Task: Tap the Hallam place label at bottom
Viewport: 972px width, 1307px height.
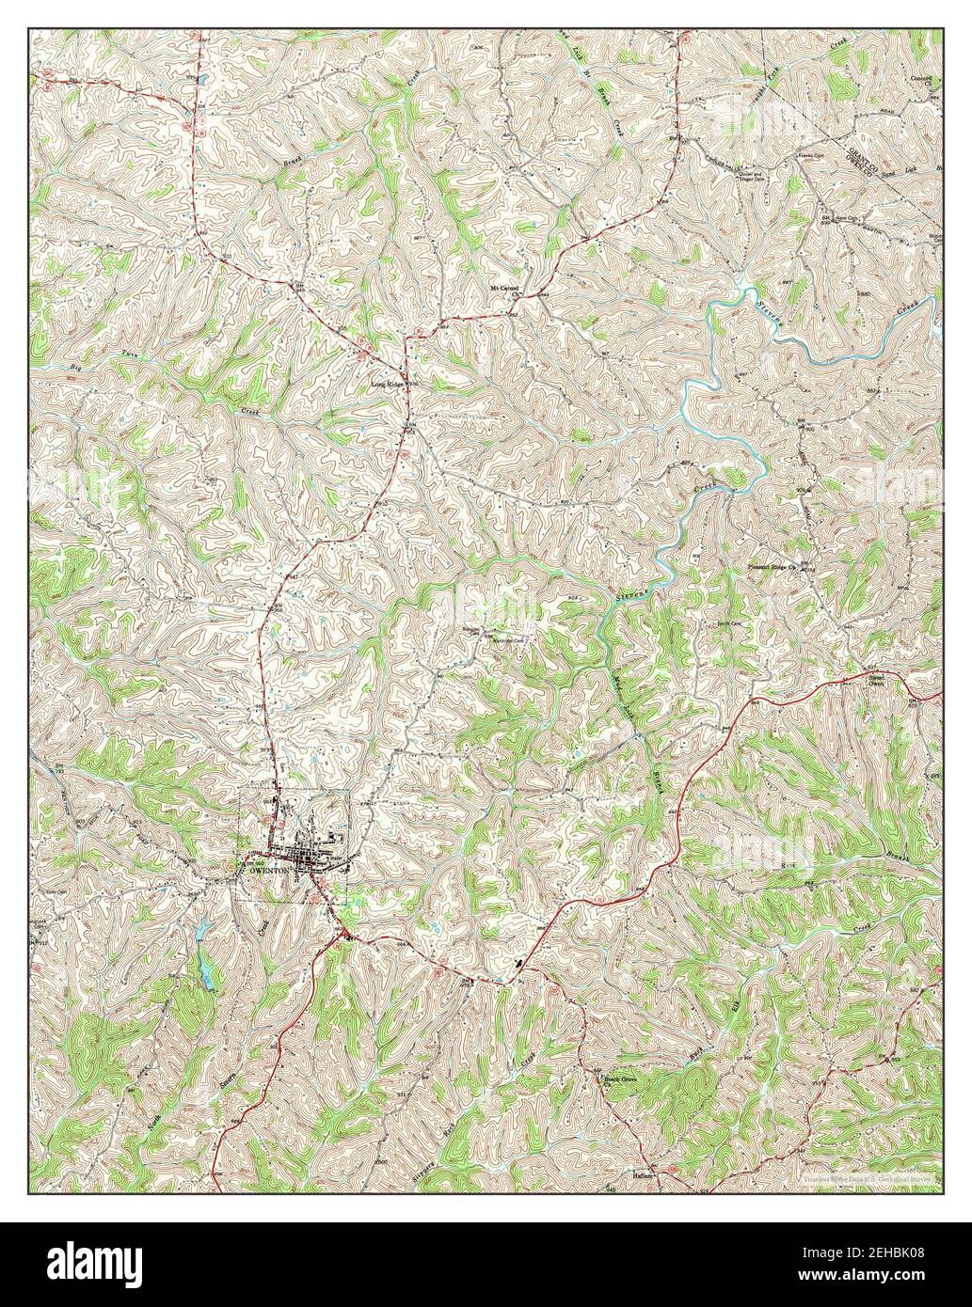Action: (644, 1175)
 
